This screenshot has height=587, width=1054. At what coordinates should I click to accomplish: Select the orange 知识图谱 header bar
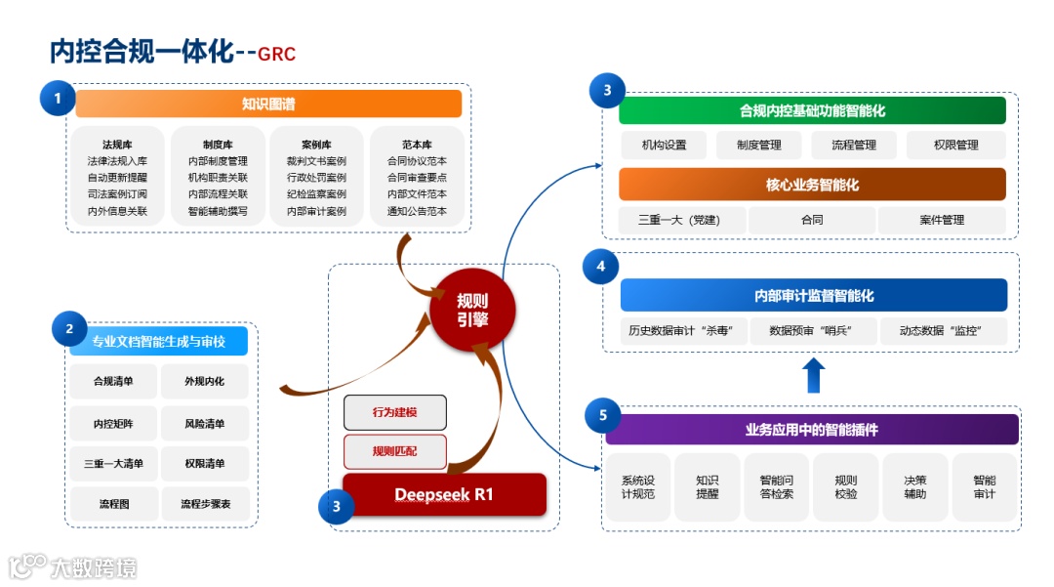[x=268, y=104]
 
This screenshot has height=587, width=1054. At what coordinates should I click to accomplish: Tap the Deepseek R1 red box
[x=444, y=494]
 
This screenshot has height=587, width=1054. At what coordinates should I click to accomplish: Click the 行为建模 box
[x=394, y=412]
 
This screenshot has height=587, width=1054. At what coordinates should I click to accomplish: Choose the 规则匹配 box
[x=394, y=451]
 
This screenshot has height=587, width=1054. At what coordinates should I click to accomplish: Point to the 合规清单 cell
[x=113, y=381]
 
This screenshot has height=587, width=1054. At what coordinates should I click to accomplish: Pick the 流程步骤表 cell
[x=204, y=504]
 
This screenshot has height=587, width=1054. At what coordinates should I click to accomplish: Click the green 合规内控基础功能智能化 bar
[x=812, y=110]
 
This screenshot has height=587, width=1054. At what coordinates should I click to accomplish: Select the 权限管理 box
[x=955, y=145]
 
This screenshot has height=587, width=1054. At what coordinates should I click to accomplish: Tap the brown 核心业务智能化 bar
[x=812, y=185]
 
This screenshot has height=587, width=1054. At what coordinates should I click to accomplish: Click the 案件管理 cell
[x=941, y=220]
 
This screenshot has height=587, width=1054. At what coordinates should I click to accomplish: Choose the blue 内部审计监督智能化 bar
[x=813, y=295]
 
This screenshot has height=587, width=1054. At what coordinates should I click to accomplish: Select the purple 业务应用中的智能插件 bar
[x=812, y=429]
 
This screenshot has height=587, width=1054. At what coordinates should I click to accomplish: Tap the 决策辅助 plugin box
[x=914, y=486]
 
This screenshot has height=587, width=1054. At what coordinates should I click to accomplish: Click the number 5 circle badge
[x=602, y=415]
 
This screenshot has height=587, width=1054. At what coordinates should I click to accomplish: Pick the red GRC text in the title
[x=277, y=53]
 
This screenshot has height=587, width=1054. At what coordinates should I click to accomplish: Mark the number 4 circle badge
[x=600, y=266]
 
